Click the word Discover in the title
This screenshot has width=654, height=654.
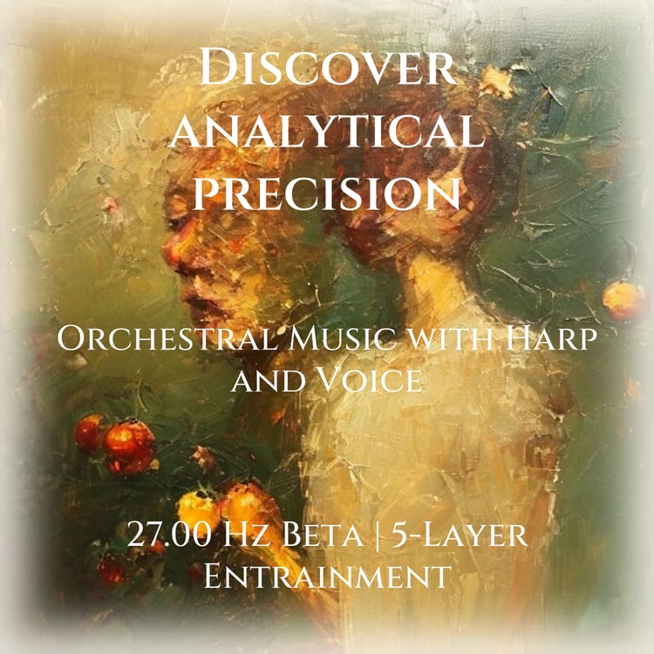[x=328, y=67]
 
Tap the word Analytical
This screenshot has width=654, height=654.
[x=327, y=131]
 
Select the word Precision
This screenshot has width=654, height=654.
[x=327, y=193]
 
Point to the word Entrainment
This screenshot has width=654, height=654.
[x=327, y=576]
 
